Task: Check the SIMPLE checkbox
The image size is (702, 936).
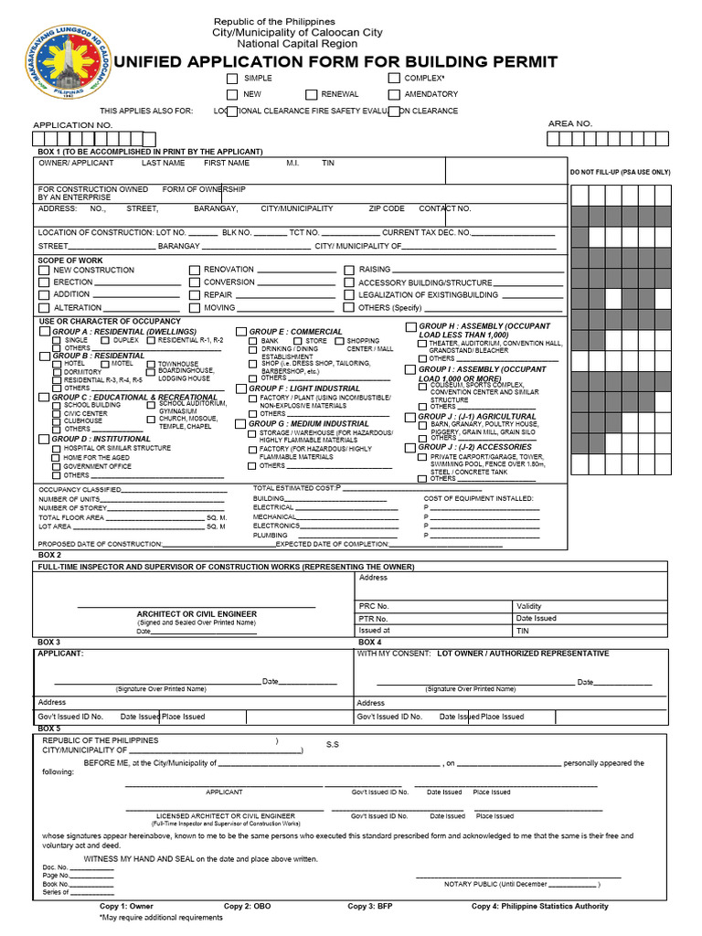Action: (232, 80)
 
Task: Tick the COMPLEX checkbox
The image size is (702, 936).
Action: (394, 80)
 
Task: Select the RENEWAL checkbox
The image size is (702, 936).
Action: (311, 94)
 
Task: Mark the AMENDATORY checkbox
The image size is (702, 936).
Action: (394, 94)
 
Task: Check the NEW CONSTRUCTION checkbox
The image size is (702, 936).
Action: (44, 271)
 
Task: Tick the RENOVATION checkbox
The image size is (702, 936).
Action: (195, 271)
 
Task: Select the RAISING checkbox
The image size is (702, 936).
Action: (349, 271)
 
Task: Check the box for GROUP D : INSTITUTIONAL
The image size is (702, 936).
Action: (44, 440)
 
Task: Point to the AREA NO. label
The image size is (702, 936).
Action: (570, 123)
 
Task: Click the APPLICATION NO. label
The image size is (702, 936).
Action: (73, 124)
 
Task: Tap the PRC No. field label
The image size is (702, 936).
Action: (374, 606)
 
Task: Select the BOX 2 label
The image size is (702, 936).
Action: (49, 556)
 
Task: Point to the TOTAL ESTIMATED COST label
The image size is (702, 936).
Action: (293, 488)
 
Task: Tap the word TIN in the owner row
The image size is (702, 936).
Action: (328, 163)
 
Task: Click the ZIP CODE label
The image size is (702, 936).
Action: (387, 208)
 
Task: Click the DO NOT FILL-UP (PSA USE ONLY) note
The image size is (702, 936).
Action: (620, 172)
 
